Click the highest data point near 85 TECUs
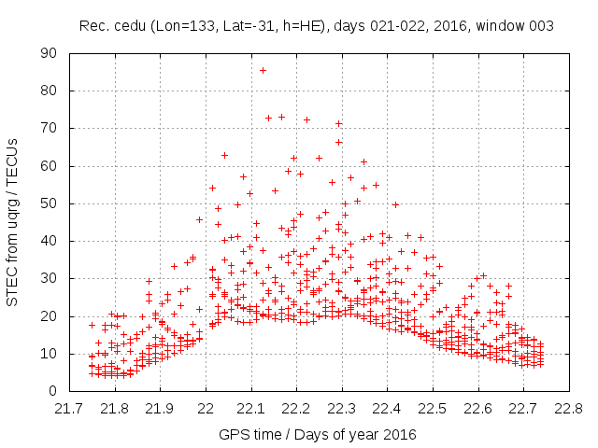(263, 70)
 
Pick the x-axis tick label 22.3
(341, 408)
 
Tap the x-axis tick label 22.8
(568, 408)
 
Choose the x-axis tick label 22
(206, 408)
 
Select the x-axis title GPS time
(251, 434)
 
